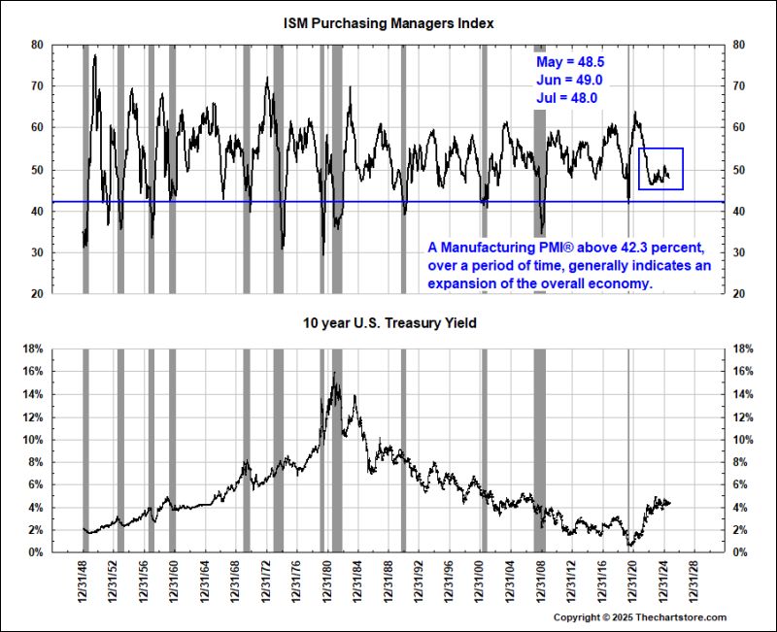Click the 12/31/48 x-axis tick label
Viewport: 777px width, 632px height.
coord(82,581)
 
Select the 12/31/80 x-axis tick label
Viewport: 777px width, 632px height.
coord(328,581)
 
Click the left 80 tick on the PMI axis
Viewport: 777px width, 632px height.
coord(36,45)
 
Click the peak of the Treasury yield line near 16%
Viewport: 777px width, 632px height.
coord(334,374)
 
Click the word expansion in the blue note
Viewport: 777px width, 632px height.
coord(459,283)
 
